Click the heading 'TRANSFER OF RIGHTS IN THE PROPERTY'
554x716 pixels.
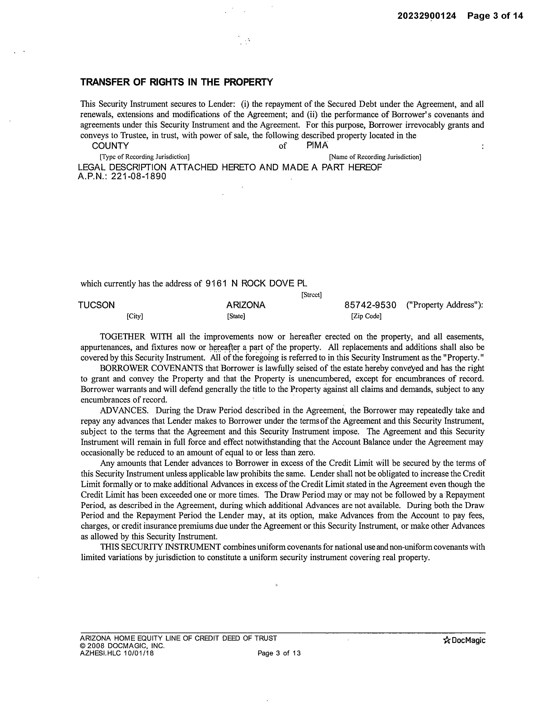(177, 82)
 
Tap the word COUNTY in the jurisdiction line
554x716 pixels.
(110, 146)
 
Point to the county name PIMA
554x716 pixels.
(317, 145)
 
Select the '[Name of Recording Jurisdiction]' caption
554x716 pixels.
(375, 157)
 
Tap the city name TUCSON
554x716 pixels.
(97, 305)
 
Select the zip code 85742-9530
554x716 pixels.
(370, 305)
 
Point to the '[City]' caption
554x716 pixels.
(135, 316)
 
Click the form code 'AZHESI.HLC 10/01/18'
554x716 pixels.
(117, 653)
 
